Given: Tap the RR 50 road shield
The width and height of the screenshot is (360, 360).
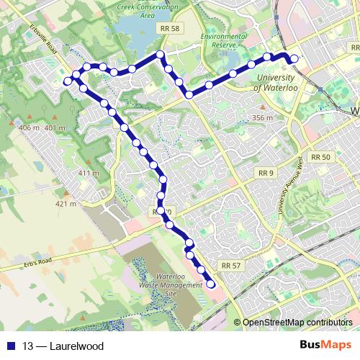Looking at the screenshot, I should point(320,157).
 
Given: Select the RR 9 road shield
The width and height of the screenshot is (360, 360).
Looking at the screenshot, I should point(266,174).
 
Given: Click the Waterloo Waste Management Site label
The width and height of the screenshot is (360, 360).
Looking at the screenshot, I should point(171,286).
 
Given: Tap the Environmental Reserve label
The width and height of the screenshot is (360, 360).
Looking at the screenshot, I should point(223,41).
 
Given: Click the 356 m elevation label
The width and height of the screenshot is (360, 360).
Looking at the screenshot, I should point(264,117).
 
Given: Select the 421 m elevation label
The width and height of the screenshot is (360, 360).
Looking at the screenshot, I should point(66,204).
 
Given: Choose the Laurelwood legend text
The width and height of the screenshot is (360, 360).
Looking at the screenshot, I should point(76,346).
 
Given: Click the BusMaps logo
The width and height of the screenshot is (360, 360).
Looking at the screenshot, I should point(325,346).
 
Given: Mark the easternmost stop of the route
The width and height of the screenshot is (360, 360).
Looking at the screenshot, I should point(294,58).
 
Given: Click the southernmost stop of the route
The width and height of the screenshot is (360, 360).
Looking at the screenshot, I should point(211,284).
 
